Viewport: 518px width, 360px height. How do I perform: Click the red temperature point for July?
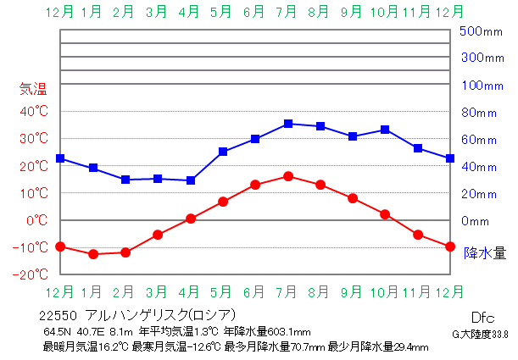(288, 176)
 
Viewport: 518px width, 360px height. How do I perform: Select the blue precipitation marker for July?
(288, 124)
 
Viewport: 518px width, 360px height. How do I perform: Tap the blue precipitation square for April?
(191, 180)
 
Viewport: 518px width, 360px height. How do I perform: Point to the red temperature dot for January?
(93, 254)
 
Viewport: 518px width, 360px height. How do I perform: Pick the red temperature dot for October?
(385, 214)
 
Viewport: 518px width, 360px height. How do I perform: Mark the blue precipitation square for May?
(223, 152)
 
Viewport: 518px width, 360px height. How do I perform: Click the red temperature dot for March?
(158, 235)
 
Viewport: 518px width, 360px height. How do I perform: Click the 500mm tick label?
(481, 31)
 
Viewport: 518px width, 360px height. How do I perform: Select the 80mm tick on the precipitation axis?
(479, 113)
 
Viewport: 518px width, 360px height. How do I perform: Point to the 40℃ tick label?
(34, 111)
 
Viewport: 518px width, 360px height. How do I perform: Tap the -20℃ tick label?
(31, 274)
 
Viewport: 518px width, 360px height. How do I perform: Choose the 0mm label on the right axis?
(475, 221)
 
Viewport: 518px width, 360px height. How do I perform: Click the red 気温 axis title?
(33, 89)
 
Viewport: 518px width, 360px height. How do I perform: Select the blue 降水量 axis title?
(485, 253)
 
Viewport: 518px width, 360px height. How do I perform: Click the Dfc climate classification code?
(482, 318)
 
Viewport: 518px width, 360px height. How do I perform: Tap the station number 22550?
(58, 316)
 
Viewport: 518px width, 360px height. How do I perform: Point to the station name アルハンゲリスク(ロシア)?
(160, 315)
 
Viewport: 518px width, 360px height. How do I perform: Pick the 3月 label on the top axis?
(156, 12)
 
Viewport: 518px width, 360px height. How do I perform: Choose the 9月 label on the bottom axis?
(351, 292)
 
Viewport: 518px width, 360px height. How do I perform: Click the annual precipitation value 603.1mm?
(289, 331)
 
